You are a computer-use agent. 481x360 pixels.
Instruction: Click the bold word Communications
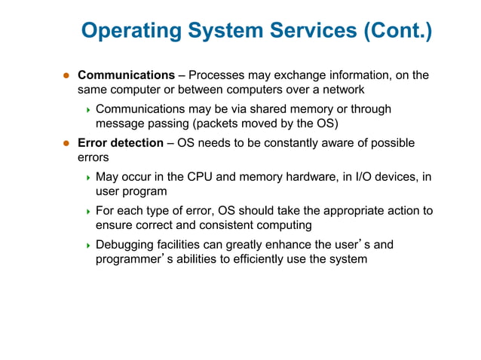tap(126, 75)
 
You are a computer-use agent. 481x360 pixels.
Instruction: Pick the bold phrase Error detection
tap(121, 143)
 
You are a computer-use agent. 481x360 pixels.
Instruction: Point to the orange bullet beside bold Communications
tap(66, 75)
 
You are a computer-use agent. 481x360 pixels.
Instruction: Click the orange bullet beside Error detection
tap(66, 143)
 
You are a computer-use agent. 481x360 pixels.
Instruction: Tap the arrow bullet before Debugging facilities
tap(87, 246)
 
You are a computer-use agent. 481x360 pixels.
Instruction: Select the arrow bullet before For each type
tap(87, 212)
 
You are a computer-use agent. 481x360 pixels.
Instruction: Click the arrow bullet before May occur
tap(87, 178)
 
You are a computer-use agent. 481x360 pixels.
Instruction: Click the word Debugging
tap(125, 245)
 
